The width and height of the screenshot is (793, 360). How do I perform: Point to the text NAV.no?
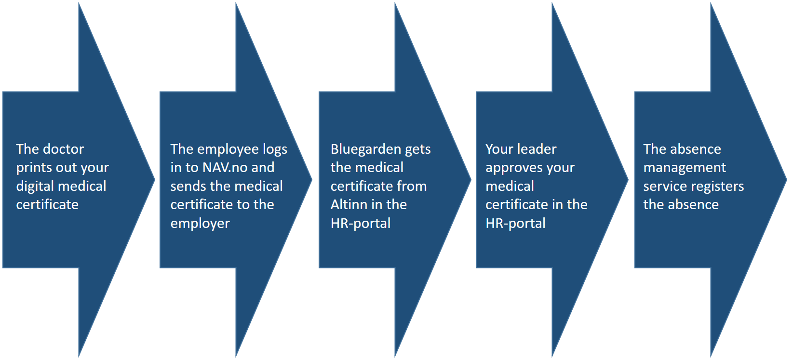click(225, 167)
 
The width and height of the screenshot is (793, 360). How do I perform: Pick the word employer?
click(200, 224)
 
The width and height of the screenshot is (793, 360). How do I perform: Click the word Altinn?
click(347, 205)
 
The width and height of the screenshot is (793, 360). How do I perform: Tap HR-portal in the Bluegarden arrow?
click(361, 223)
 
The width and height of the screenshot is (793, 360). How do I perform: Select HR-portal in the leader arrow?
click(515, 223)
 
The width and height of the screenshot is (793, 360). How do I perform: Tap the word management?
click(685, 168)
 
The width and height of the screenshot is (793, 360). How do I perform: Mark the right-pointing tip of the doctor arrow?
click(155, 179)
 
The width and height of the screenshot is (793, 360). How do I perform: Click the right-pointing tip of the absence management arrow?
click(787, 179)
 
